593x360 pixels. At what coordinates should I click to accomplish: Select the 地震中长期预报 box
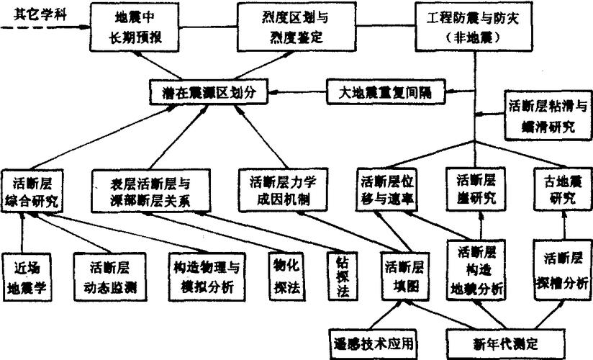pyautogui.click(x=136, y=27)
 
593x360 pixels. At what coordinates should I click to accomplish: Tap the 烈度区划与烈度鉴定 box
pyautogui.click(x=281, y=27)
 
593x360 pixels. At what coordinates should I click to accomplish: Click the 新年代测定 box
pyautogui.click(x=492, y=340)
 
